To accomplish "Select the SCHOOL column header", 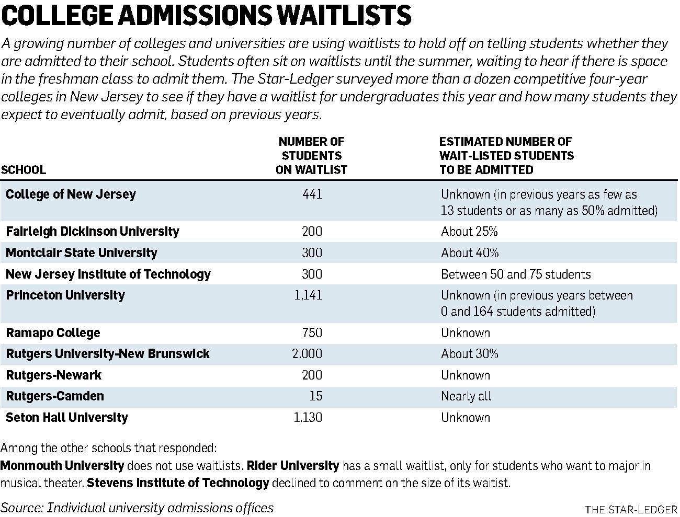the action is pyautogui.click(x=24, y=170).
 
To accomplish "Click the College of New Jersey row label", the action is pyautogui.click(x=71, y=194).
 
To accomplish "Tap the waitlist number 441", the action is pyautogui.click(x=313, y=194).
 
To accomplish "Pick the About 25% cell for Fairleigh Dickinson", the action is pyautogui.click(x=469, y=231).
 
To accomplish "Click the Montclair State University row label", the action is pyautogui.click(x=82, y=252).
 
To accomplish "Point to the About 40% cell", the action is pyautogui.click(x=470, y=252).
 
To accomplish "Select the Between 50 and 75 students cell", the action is pyautogui.click(x=516, y=274).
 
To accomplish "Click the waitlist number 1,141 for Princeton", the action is pyautogui.click(x=308, y=295).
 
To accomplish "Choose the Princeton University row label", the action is pyautogui.click(x=65, y=295).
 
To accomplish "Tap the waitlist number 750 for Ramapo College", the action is pyautogui.click(x=312, y=333).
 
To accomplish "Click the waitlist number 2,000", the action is pyautogui.click(x=308, y=353).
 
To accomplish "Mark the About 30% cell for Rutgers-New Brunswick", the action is pyautogui.click(x=470, y=353).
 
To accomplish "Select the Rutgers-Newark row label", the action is pyautogui.click(x=53, y=375).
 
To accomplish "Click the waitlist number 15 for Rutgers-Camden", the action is pyautogui.click(x=316, y=396).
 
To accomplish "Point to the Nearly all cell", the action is pyautogui.click(x=466, y=396).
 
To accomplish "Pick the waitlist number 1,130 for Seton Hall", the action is pyautogui.click(x=308, y=417).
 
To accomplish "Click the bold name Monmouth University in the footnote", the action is pyautogui.click(x=62, y=466).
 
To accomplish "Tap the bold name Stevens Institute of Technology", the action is pyautogui.click(x=178, y=482).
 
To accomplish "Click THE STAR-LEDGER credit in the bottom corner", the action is pyautogui.click(x=631, y=510).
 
